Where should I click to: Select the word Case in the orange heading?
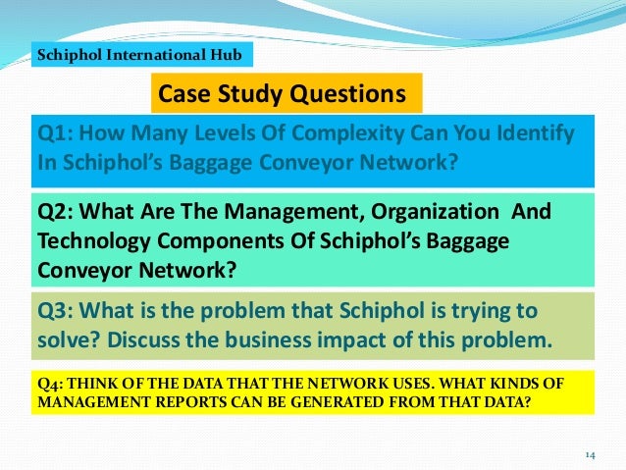[183, 94]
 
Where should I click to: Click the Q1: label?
[57, 133]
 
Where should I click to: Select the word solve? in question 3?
[66, 342]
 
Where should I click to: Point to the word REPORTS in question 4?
[181, 401]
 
